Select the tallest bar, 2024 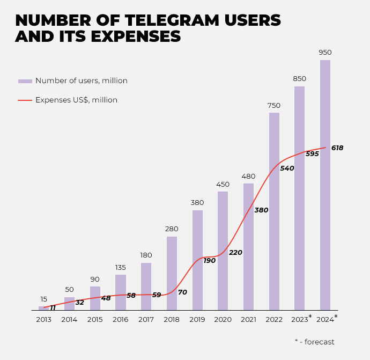click(325, 185)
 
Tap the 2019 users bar click(197, 260)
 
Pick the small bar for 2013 click(43, 308)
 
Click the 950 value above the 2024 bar click(325, 53)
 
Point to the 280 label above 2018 click(172, 229)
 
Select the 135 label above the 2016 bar click(121, 267)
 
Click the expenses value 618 click(337, 148)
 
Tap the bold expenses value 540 click(287, 168)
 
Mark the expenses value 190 click(209, 261)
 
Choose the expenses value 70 click(182, 292)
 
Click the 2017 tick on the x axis click(146, 320)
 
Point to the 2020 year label click(223, 320)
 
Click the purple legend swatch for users click(25, 81)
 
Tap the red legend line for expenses click(25, 100)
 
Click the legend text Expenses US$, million click(76, 100)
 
